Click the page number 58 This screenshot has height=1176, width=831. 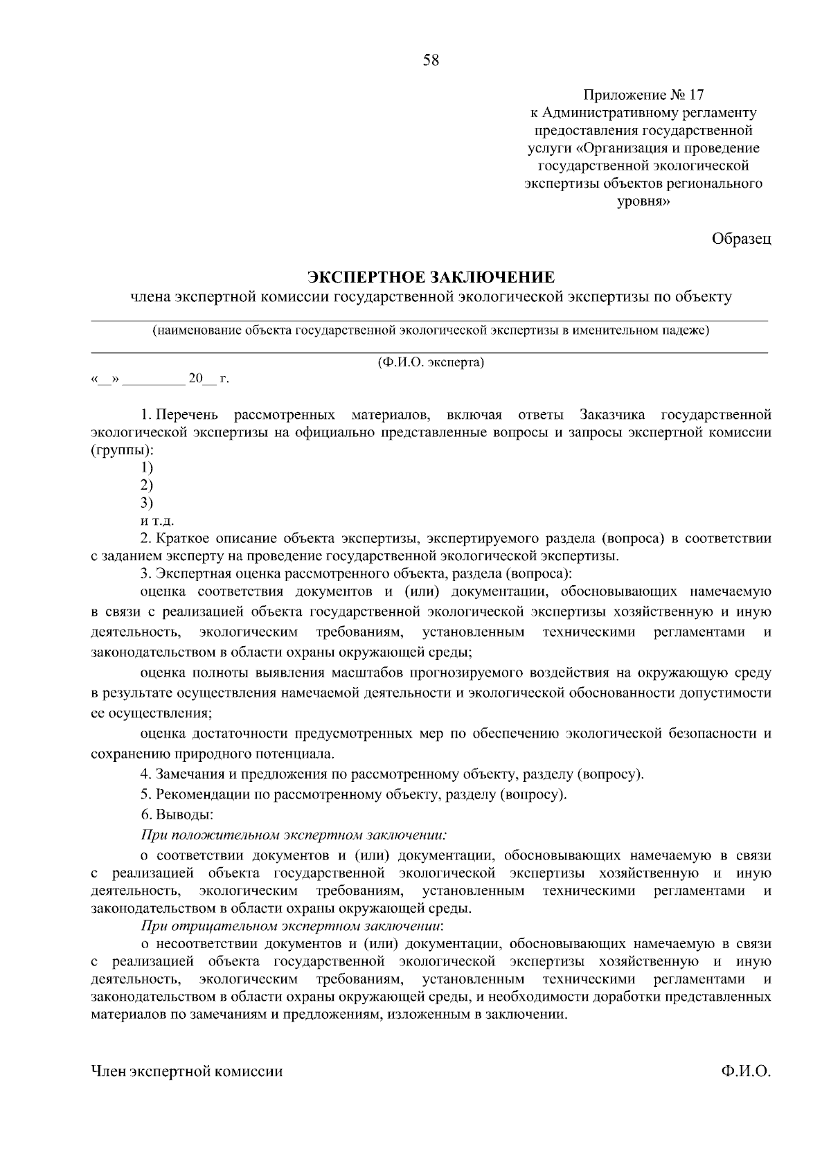[431, 60]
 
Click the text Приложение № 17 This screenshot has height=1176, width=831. [643, 94]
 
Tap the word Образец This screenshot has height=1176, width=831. [741, 239]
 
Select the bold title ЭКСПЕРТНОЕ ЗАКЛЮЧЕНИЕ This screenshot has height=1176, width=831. [431, 278]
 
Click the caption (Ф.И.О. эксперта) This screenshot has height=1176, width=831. [431, 362]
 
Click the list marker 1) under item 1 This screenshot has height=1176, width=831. [146, 467]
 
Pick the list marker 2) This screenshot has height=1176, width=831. [146, 485]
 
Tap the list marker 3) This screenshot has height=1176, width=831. [146, 503]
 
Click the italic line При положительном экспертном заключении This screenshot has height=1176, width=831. [294, 835]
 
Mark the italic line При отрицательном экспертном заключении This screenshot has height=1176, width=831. [291, 925]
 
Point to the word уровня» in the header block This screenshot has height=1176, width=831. [643, 202]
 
